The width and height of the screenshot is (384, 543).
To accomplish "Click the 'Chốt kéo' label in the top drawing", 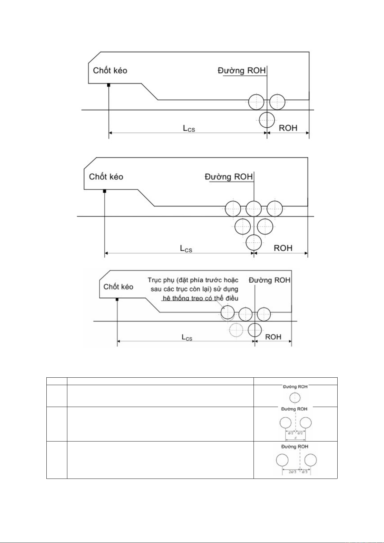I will point(110,71).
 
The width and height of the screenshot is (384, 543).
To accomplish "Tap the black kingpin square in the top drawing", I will point(109,85).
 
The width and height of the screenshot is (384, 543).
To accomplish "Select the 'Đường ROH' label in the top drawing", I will point(242,71).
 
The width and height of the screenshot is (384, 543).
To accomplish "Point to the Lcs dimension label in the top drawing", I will point(189,128).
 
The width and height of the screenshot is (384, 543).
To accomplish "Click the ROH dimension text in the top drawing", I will point(288,128).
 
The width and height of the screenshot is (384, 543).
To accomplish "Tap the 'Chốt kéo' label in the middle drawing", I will point(106,177).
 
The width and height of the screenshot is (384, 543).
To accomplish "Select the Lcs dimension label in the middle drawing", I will point(186,248).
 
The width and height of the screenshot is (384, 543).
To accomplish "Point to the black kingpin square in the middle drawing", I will point(104,191).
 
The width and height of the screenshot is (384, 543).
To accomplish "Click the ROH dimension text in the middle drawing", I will point(283,248).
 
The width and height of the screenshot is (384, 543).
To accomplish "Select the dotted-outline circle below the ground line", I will point(236,330).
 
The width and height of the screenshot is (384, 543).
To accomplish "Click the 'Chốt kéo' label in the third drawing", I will point(118,287).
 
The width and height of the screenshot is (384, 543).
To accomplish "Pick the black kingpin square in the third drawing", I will point(117,299).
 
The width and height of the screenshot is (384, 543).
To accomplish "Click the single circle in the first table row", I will point(295,398).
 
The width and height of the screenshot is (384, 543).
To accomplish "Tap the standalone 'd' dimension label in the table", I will point(295,438).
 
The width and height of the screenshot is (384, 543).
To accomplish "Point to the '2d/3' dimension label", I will point(292,472).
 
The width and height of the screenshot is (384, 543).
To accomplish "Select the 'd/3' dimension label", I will point(305,472).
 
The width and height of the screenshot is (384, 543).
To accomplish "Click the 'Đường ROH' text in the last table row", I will point(295,447).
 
